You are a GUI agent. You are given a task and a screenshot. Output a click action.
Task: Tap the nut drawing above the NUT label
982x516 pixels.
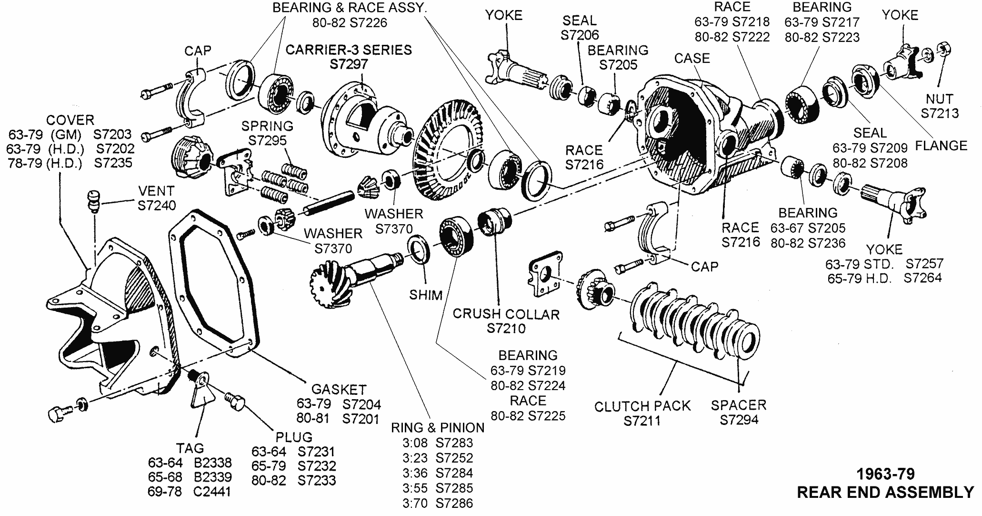point(941,49)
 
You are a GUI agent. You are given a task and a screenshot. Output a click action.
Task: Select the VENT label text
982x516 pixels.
point(156,191)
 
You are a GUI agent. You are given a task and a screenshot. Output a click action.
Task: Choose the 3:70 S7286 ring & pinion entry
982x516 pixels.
point(437,503)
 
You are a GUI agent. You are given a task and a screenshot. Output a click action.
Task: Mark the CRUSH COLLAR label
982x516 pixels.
point(505,314)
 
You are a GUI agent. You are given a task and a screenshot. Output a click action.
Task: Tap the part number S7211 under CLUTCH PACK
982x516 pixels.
point(642,421)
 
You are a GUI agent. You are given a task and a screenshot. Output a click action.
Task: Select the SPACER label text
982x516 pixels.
point(738,405)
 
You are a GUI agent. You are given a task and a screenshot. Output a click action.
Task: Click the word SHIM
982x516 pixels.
point(426,295)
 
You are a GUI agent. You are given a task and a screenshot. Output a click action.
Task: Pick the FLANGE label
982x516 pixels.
point(941,145)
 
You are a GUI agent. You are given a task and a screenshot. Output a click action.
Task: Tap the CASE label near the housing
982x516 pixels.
point(691,58)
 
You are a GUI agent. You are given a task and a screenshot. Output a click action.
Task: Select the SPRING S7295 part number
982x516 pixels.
point(267,141)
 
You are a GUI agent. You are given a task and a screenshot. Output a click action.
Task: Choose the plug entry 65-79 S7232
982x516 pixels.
point(293,465)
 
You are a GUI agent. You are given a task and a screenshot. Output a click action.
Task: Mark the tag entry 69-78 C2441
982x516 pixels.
point(190,491)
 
